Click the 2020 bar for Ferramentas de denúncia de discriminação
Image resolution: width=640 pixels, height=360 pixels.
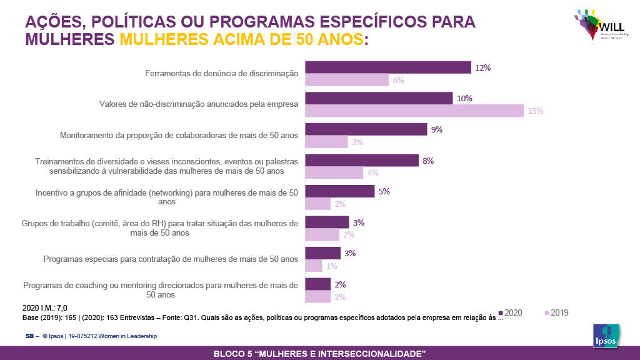[x=387, y=67]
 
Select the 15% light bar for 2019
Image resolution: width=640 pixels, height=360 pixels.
[x=414, y=111]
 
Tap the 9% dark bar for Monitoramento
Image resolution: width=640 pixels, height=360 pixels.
[x=366, y=129]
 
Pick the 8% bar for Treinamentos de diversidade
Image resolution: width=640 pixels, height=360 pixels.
[x=361, y=161]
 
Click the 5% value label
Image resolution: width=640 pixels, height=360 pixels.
[x=384, y=192]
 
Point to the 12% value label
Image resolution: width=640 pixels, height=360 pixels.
[x=482, y=67]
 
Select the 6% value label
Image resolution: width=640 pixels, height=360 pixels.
[x=398, y=80]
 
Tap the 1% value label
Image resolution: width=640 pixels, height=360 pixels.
[x=332, y=266]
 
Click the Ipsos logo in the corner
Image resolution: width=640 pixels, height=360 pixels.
[x=606, y=337]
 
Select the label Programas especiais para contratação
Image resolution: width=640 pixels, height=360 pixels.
[x=171, y=259]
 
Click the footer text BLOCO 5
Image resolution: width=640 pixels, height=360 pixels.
[x=319, y=354]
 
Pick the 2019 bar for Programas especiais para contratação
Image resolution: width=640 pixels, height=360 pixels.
[x=313, y=266]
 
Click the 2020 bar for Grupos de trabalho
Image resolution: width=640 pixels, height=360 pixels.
[x=326, y=222]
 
